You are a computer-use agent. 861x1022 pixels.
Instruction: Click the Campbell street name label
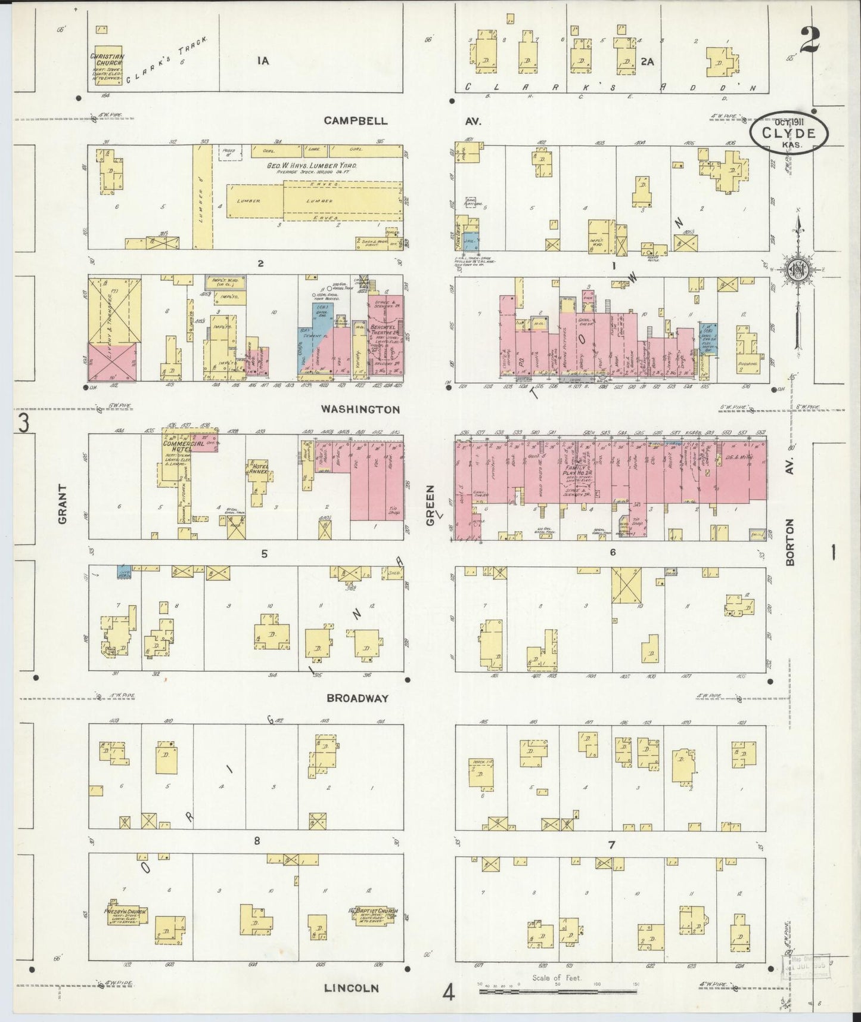tap(355, 120)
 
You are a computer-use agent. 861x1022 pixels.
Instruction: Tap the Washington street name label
tap(360, 410)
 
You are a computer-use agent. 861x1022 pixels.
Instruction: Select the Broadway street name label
tap(358, 698)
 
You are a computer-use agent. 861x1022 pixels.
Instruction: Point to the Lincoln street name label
tap(351, 988)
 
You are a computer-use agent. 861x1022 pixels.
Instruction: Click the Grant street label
tap(63, 512)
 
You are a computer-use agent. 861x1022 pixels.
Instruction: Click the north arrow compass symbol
tap(797, 271)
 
